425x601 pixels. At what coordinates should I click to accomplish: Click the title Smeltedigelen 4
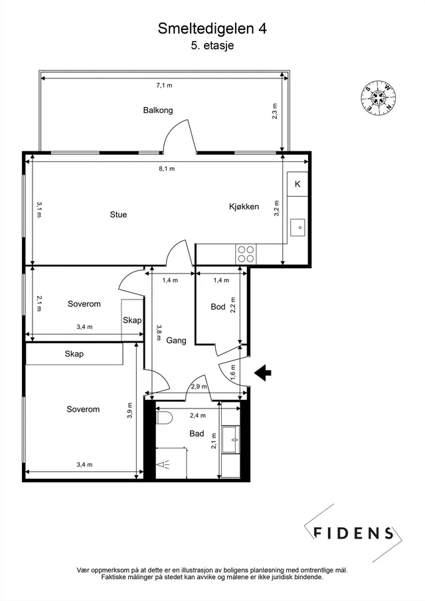pyautogui.click(x=212, y=29)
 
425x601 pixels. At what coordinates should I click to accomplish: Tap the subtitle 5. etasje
pyautogui.click(x=212, y=46)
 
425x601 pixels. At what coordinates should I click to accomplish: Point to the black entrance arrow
pyautogui.click(x=263, y=373)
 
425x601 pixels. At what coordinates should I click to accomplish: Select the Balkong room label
pyautogui.click(x=158, y=110)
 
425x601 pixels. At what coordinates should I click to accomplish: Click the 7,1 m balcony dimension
pyautogui.click(x=164, y=86)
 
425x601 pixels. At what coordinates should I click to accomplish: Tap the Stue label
pyautogui.click(x=118, y=215)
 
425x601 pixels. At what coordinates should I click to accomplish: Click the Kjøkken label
pyautogui.click(x=244, y=207)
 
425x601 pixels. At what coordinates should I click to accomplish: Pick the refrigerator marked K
pyautogui.click(x=297, y=184)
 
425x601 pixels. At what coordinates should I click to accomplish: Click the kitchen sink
pyautogui.click(x=297, y=227)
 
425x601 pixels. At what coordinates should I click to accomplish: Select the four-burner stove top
pyautogui.click(x=246, y=254)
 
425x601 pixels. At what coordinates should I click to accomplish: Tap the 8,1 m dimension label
pyautogui.click(x=167, y=169)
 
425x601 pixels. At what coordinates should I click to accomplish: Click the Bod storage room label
pyautogui.click(x=218, y=307)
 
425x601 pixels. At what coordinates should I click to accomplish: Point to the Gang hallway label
pyautogui.click(x=176, y=341)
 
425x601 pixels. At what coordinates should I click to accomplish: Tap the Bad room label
pyautogui.click(x=197, y=434)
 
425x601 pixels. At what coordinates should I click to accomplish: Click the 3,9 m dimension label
pyautogui.click(x=129, y=410)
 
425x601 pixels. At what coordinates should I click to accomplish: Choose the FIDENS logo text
pyautogui.click(x=353, y=533)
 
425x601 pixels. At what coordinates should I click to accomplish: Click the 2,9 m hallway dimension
pyautogui.click(x=199, y=386)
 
